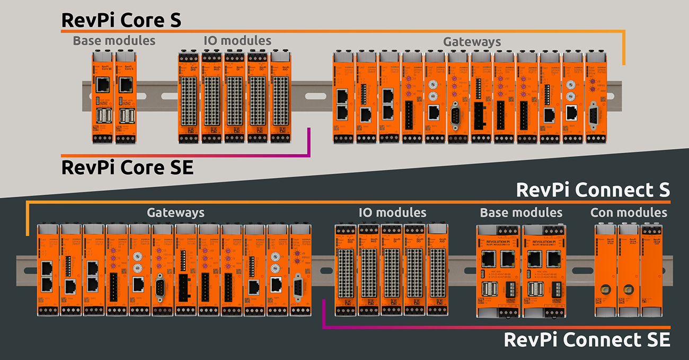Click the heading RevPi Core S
(x=121, y=20)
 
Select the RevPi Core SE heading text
(x=127, y=168)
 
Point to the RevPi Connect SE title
(x=587, y=339)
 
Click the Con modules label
(x=629, y=213)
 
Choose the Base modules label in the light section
(x=114, y=41)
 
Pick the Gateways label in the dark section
(x=175, y=213)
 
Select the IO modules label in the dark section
(x=392, y=213)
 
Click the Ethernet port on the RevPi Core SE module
(x=102, y=84)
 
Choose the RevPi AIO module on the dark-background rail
(x=437, y=270)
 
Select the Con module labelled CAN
(x=651, y=270)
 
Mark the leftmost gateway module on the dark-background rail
(x=47, y=270)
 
